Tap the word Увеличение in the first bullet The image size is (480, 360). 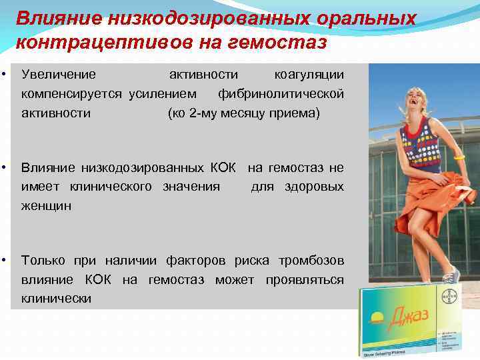pos(59,74)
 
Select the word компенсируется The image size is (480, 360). pos(71,93)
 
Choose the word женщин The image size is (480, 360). pos(46,206)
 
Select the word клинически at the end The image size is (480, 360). pos(56,299)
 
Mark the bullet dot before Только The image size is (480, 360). pos(5,259)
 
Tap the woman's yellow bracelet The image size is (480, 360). pos(459,157)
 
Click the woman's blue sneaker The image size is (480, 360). pos(452,274)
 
